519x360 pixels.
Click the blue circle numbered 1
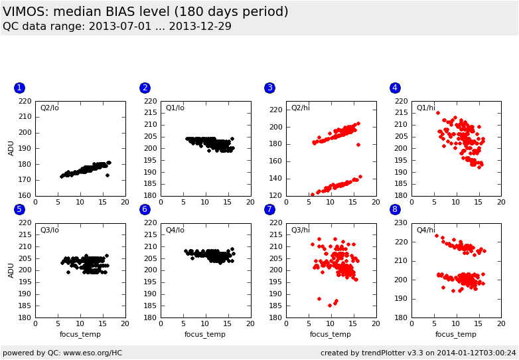click(19, 88)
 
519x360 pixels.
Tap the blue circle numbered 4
click(395, 88)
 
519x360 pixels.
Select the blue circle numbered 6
click(145, 209)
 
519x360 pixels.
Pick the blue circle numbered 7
click(269, 209)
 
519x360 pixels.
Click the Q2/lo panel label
click(50, 108)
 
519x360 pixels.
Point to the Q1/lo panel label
click(175, 108)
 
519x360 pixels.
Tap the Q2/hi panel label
click(301, 108)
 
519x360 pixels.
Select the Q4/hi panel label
click(426, 230)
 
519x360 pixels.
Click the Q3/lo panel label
click(50, 230)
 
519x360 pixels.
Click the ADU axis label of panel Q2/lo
click(11, 148)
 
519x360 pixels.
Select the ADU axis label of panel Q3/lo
click(11, 270)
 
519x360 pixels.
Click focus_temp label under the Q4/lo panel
click(205, 334)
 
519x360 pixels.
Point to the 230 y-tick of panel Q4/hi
click(400, 223)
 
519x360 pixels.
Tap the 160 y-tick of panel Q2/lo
click(24, 195)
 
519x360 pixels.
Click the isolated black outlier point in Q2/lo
click(107, 175)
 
